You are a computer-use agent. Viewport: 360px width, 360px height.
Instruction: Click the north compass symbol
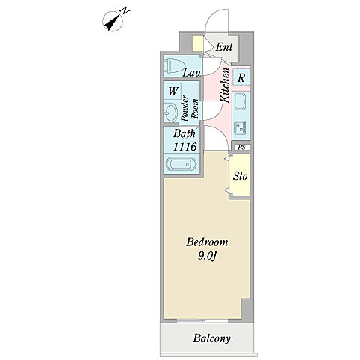[114, 21]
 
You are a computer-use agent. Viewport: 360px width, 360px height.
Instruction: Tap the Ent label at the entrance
[224, 47]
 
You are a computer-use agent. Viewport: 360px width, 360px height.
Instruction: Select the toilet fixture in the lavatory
[175, 66]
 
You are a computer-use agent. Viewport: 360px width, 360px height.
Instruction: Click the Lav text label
[191, 73]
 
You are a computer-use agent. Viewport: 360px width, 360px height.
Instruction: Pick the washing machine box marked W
[172, 91]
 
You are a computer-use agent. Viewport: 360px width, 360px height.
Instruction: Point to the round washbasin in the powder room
[171, 113]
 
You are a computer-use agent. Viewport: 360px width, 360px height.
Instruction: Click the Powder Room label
[190, 108]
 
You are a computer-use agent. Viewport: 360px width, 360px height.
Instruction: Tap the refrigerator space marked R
[241, 77]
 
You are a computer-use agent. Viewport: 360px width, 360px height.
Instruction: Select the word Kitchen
[225, 85]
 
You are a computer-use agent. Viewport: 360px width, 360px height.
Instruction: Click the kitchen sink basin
[241, 101]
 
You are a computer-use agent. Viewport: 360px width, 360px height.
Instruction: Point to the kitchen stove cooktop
[241, 127]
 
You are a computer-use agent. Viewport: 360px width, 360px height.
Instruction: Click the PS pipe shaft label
[241, 147]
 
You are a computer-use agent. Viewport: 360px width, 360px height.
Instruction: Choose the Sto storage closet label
[240, 176]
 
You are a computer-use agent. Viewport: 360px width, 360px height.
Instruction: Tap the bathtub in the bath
[181, 163]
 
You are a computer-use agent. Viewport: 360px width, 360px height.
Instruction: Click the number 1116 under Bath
[185, 147]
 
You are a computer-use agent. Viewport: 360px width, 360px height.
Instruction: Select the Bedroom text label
[207, 242]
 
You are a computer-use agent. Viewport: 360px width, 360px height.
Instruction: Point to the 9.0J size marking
[207, 256]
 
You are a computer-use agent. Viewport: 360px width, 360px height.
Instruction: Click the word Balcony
[211, 338]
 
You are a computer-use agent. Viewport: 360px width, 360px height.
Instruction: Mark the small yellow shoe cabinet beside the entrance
[197, 43]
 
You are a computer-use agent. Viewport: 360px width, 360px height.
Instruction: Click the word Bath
[184, 133]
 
